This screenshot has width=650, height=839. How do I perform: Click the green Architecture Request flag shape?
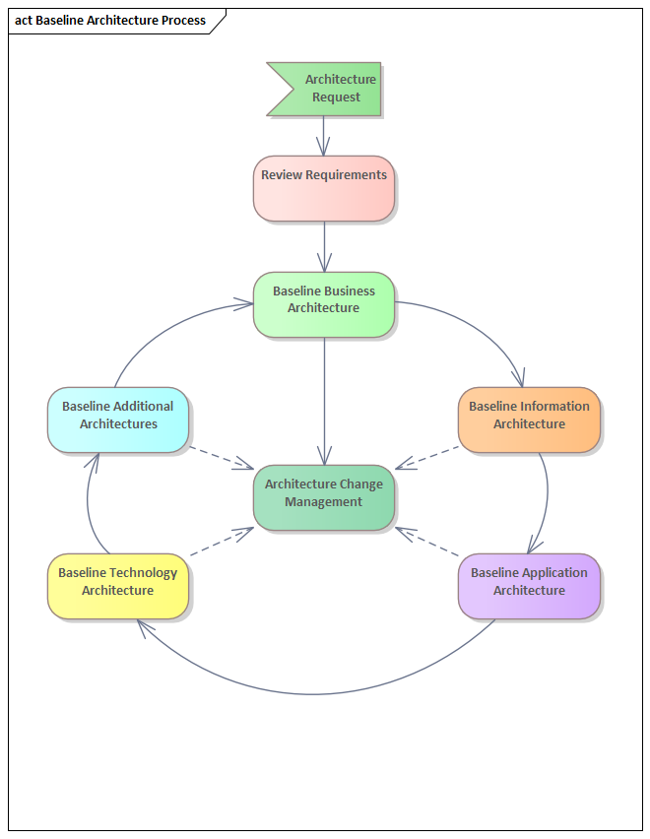click(x=330, y=89)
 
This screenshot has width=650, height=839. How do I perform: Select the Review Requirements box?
click(x=324, y=188)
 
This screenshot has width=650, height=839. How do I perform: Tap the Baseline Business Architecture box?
click(x=324, y=304)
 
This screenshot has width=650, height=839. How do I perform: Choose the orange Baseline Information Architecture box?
click(x=529, y=419)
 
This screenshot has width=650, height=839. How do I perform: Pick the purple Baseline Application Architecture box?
click(x=529, y=586)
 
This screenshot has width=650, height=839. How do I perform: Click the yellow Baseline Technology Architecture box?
click(x=118, y=586)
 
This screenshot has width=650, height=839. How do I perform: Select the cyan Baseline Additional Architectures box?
click(x=118, y=419)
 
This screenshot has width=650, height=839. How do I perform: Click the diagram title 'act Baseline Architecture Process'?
click(x=111, y=21)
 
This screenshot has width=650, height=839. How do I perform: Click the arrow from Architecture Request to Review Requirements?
click(x=324, y=135)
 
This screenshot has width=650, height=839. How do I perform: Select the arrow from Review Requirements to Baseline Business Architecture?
click(x=324, y=246)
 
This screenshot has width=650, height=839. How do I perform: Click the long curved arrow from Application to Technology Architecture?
click(x=315, y=694)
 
